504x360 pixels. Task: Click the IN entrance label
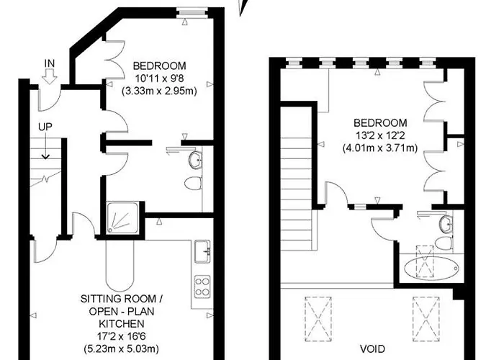click(50, 64)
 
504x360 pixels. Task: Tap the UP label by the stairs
click(45, 127)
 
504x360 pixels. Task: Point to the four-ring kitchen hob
click(202, 287)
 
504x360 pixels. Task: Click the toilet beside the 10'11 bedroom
click(192, 184)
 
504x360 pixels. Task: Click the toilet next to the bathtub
click(441, 242)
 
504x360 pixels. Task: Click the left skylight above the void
click(316, 315)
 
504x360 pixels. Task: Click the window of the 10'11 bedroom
click(191, 11)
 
